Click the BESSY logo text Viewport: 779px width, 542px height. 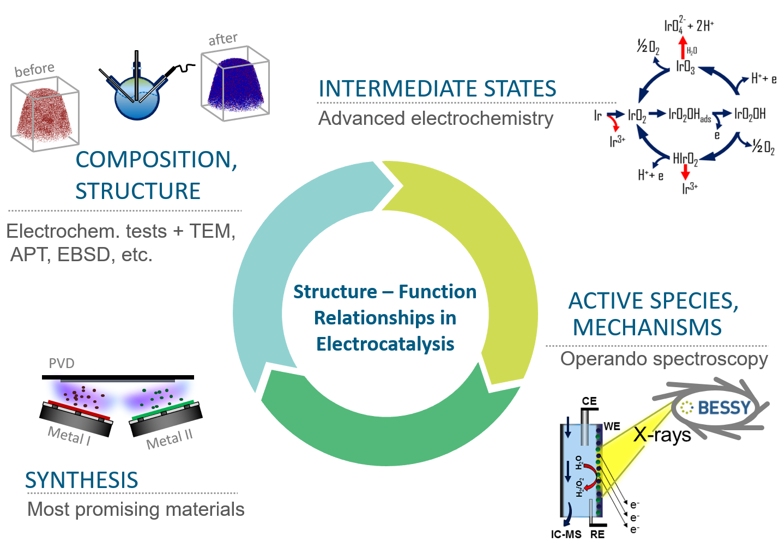(x=724, y=407)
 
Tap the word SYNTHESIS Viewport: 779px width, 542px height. (x=82, y=480)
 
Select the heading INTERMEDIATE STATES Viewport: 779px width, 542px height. (x=437, y=89)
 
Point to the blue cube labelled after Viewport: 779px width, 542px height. (x=235, y=85)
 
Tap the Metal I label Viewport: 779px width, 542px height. (x=69, y=436)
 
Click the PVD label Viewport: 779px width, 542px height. (x=62, y=363)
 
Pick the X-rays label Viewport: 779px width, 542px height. (x=662, y=435)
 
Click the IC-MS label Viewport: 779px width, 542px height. (x=566, y=534)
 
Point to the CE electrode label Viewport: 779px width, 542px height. (x=589, y=401)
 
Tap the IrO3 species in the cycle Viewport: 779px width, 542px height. (x=685, y=67)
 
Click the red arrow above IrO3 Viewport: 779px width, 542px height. (x=682, y=47)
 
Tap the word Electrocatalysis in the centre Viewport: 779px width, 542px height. (x=385, y=344)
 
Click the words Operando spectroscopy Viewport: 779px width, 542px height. (x=664, y=359)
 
